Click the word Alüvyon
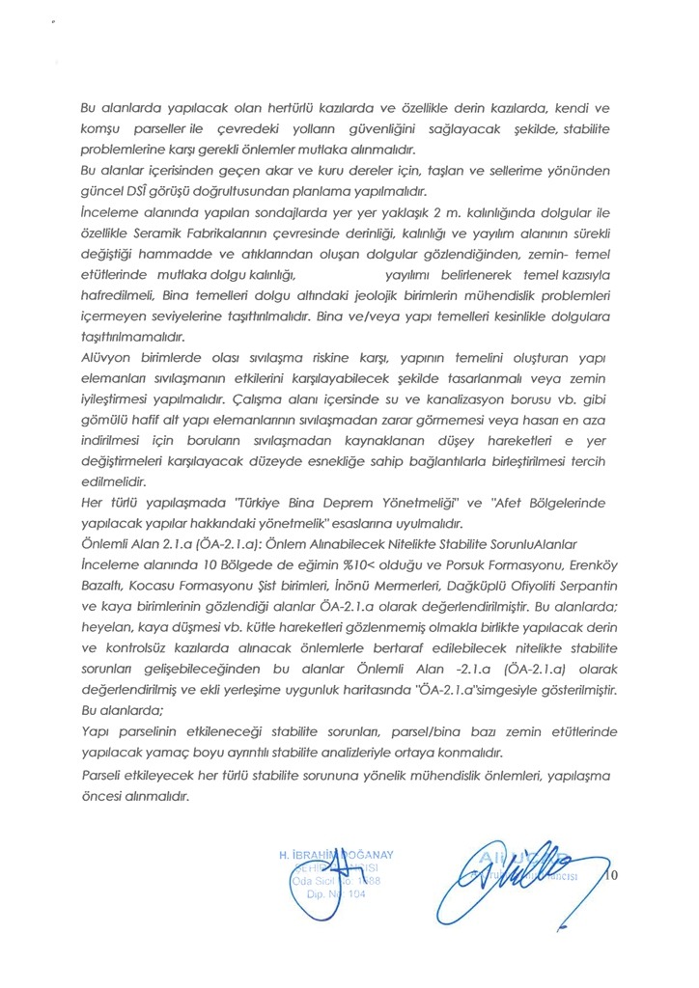107,357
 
